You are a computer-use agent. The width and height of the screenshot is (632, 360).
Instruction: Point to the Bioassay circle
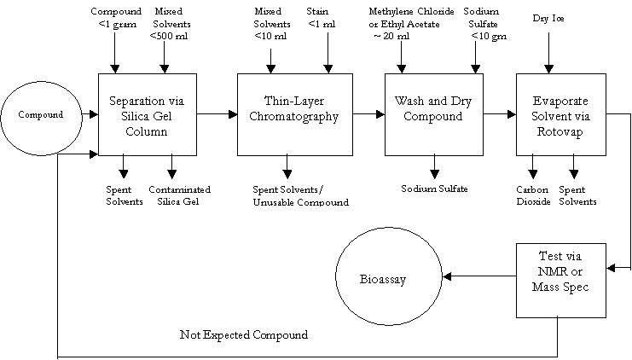pyautogui.click(x=381, y=276)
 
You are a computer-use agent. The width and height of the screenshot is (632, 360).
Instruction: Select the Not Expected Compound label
pyautogui.click(x=243, y=335)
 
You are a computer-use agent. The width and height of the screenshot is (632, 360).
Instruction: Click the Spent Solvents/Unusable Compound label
pyautogui.click(x=301, y=195)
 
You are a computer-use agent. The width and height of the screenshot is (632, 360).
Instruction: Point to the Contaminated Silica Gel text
pyautogui.click(x=179, y=195)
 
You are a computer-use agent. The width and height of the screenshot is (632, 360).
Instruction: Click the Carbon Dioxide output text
pyautogui.click(x=533, y=195)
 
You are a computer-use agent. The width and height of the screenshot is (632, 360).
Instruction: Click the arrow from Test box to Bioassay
pyautogui.click(x=482, y=276)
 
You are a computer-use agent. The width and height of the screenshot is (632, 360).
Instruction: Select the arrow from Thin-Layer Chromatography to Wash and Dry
pyautogui.click(x=368, y=113)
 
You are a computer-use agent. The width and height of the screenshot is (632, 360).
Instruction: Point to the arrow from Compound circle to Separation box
pyautogui.click(x=90, y=113)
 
